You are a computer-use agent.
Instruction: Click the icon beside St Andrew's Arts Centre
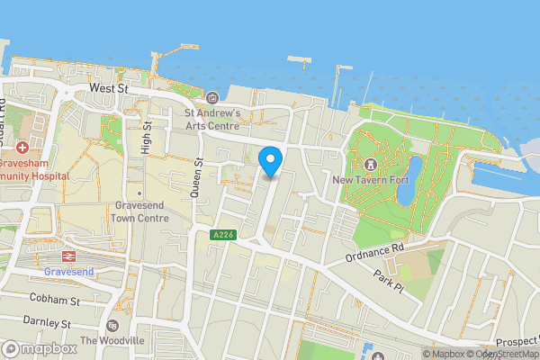click(212, 97)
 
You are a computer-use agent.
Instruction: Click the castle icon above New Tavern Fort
click(370, 164)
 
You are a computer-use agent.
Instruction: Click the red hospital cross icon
click(22, 146)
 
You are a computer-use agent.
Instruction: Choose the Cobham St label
click(54, 298)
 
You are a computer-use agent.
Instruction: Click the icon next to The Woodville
click(112, 325)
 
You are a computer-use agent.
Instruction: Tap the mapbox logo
click(39, 348)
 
